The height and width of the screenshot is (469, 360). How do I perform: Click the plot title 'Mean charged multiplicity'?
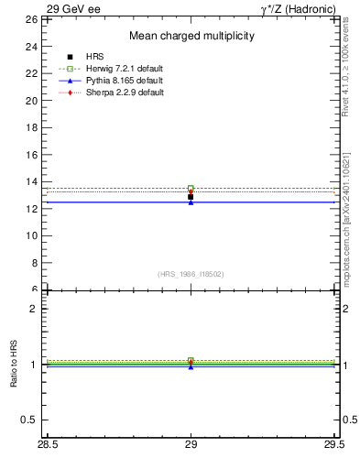tap(191, 36)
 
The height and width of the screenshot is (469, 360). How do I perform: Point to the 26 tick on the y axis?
tap(30, 19)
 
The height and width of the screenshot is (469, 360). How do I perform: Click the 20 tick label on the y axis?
tap(30, 101)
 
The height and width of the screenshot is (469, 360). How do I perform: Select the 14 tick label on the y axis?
tap(30, 181)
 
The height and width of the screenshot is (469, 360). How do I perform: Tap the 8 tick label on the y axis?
tap(33, 263)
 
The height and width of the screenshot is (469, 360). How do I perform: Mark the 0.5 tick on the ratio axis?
tap(29, 420)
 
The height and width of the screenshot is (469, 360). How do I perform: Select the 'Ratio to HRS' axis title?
tap(13, 365)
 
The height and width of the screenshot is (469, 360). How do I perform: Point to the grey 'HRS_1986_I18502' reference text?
tap(191, 274)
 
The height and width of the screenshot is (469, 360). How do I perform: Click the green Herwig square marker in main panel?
tap(191, 189)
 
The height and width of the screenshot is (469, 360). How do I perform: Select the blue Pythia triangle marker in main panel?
tap(191, 202)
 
